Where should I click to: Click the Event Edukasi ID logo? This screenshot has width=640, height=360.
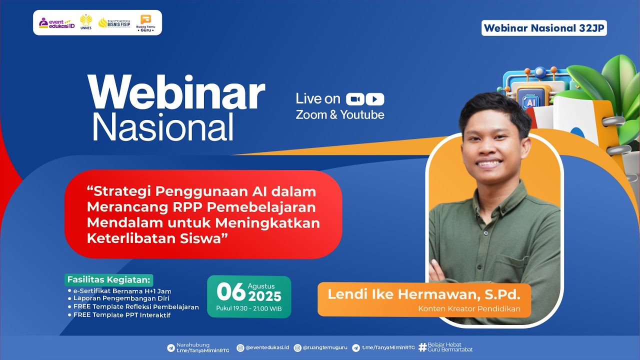57,23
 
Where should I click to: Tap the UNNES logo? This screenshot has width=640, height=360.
85,22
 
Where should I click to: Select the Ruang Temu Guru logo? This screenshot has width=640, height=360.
145,23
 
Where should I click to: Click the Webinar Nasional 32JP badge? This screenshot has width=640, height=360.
544,28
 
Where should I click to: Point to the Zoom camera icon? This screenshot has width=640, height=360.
355,99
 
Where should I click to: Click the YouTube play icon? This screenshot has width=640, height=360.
375,99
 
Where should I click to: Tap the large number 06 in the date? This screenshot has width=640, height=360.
231,291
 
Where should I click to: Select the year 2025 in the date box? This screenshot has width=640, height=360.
264,296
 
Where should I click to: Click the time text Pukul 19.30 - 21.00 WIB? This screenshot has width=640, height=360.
249,308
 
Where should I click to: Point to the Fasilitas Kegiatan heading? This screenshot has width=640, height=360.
109,279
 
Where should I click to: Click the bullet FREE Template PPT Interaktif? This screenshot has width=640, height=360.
119,315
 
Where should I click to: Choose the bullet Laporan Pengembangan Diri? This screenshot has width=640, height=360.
119,298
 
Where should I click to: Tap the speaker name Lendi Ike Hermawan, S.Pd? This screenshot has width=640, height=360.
423,294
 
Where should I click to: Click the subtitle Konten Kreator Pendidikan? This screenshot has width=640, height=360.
469,308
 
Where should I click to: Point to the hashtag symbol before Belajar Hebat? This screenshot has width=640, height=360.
422,347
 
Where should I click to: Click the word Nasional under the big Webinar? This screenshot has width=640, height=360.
163,126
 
